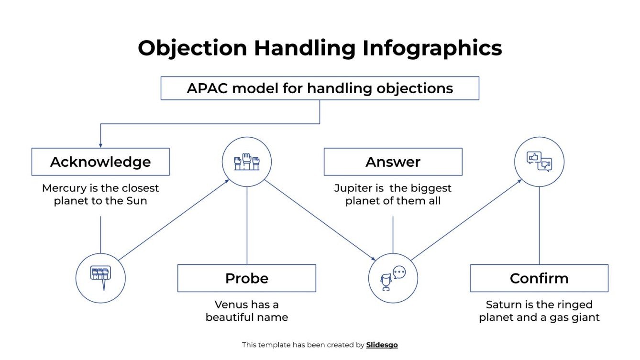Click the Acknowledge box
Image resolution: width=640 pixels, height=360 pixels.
(x=100, y=162)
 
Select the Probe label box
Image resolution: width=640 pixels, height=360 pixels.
(x=246, y=278)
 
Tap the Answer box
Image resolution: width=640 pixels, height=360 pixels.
(x=393, y=162)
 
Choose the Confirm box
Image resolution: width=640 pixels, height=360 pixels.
(x=539, y=278)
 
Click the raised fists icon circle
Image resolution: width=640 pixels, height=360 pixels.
(x=247, y=162)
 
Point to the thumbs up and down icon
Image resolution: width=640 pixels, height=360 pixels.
(x=539, y=162)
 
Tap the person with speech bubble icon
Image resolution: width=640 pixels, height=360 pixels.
(x=393, y=278)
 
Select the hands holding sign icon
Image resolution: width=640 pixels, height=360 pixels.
(x=100, y=278)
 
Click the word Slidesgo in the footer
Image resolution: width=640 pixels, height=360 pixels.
(x=382, y=345)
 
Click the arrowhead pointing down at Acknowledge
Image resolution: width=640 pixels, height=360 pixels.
(x=100, y=145)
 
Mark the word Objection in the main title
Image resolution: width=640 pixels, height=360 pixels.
(x=192, y=48)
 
